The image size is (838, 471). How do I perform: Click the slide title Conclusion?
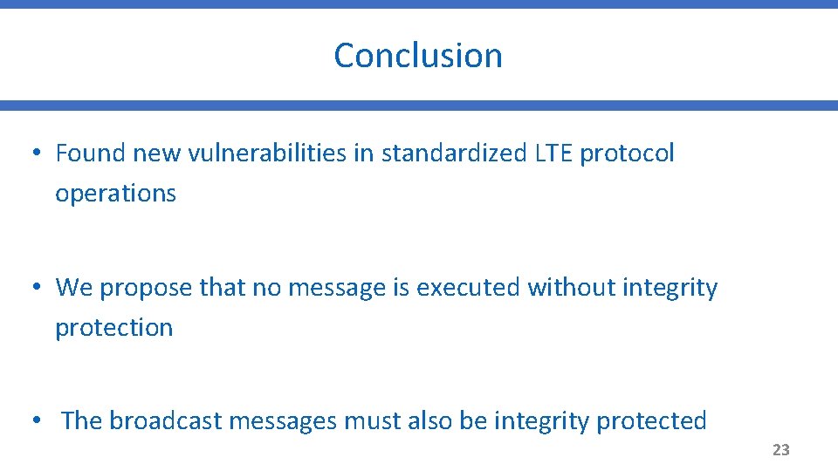418,55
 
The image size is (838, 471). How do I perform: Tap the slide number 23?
780,450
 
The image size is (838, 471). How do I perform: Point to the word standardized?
453,154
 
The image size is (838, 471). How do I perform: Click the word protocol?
627,154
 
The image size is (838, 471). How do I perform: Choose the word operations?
115,194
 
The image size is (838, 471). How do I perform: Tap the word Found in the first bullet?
91,154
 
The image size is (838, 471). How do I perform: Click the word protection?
113,328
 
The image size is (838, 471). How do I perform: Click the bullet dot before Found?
35,154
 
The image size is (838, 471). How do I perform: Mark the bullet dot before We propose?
35,288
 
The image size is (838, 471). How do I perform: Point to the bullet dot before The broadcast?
35,421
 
